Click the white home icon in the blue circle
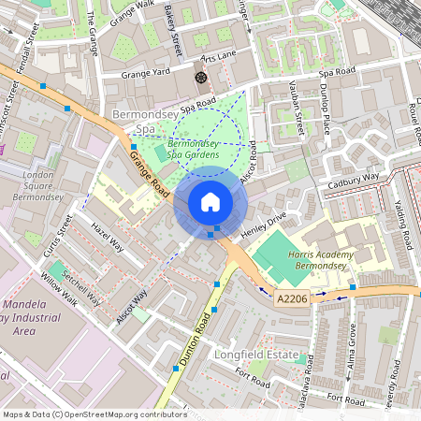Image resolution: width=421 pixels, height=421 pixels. coord(210,201)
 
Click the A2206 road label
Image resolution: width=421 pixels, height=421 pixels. coord(292,298)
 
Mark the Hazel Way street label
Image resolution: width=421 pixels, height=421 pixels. coord(108,237)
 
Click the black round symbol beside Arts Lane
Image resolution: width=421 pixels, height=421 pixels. coord(199,77)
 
